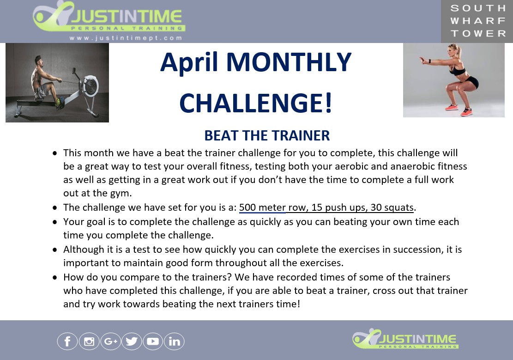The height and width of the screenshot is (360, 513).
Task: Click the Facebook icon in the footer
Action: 67,341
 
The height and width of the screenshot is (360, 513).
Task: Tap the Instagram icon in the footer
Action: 89,341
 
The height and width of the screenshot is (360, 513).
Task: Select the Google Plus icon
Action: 110,341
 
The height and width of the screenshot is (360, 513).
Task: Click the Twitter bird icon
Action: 132,341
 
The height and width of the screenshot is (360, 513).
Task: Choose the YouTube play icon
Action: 153,341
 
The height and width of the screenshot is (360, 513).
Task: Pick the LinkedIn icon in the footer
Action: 174,341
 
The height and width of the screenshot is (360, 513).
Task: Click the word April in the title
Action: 189,62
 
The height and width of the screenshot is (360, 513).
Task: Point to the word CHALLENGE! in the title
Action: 256,103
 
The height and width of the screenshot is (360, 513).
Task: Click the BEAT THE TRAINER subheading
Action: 267,135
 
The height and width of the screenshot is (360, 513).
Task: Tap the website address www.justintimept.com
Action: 126,38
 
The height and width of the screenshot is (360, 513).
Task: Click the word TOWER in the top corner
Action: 478,33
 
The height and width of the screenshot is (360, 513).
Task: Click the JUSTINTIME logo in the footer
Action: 405,339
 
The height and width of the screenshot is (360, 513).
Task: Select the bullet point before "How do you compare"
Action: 54,278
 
